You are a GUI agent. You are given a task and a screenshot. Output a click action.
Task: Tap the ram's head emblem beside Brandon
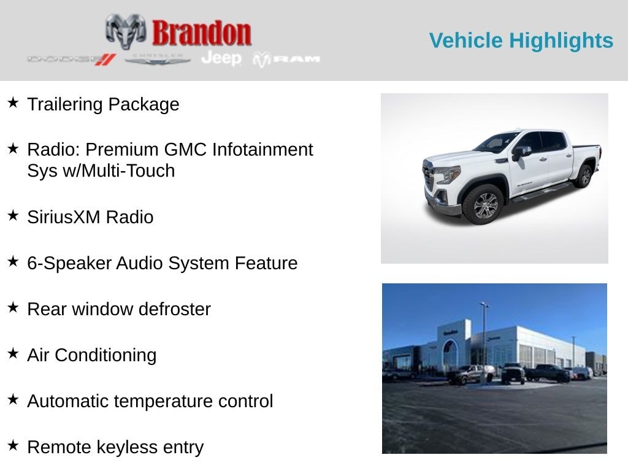click(126, 31)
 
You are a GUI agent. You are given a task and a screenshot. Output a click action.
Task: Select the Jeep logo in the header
click(221, 58)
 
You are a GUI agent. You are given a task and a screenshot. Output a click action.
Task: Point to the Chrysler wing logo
click(158, 59)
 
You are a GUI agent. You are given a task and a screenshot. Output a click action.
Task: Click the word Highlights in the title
click(561, 40)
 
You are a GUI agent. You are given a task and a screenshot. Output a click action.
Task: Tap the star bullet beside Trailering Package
click(13, 102)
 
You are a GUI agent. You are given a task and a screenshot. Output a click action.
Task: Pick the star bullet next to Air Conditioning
click(13, 353)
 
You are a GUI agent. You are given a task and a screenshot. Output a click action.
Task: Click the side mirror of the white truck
click(521, 151)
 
